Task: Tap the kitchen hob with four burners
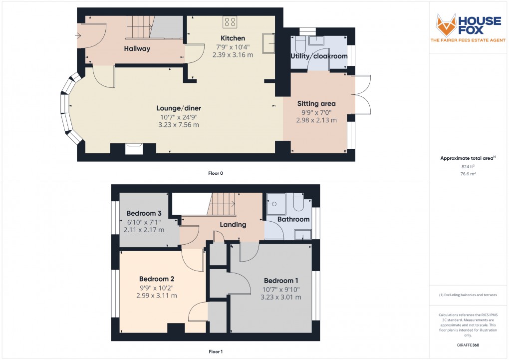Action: point(230,21)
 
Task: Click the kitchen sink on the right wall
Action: point(269,42)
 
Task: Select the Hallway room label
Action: point(137,48)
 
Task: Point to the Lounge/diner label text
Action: point(179,108)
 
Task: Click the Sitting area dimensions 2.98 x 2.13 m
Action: point(316,120)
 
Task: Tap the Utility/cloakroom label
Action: point(319,56)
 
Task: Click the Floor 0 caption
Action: point(216,173)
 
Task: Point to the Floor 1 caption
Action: point(216,352)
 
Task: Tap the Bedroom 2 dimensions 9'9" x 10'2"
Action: point(156,287)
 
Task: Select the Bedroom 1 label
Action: point(281,280)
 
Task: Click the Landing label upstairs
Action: point(234,225)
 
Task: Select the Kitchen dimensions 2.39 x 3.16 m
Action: point(233,55)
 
